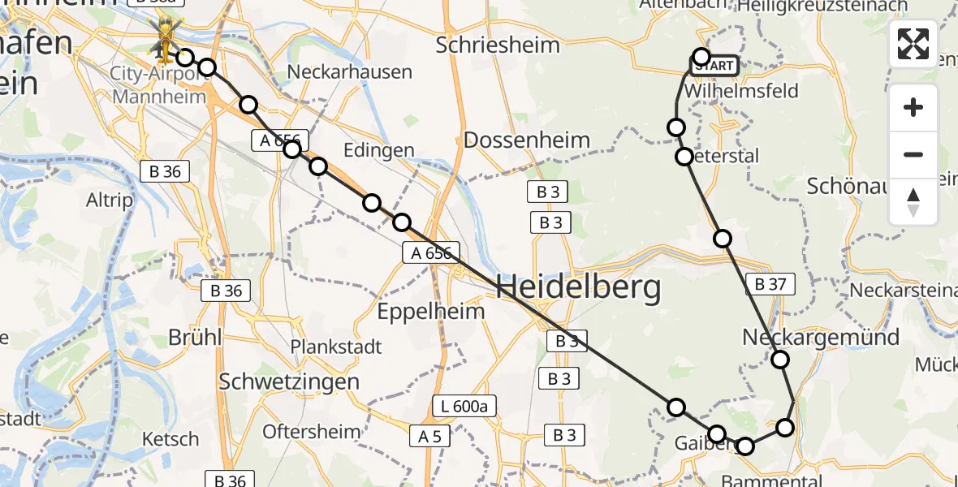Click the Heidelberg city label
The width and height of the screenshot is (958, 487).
[x=577, y=287]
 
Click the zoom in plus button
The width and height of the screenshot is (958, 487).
[x=913, y=107]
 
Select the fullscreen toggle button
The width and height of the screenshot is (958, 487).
[x=913, y=44]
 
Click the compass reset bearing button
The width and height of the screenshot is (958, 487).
[x=913, y=202]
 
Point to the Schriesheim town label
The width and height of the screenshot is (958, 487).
[x=498, y=45]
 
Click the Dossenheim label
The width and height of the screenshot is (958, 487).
[x=526, y=140]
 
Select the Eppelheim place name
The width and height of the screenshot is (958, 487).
[x=432, y=310]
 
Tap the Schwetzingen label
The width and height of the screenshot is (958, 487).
[x=289, y=381]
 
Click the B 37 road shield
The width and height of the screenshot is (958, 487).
[x=770, y=284]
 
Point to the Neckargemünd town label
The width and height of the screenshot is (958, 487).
[x=821, y=338]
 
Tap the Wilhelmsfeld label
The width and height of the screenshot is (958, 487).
[x=741, y=90]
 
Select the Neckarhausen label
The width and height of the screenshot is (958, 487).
[x=349, y=72]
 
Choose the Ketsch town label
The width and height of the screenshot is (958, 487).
[x=170, y=439]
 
